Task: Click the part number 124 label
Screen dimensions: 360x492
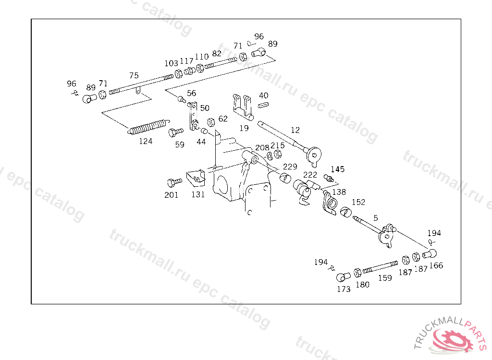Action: (x=146, y=141)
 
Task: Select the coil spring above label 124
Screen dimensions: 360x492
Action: (x=148, y=127)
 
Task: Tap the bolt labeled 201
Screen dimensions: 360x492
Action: (x=173, y=182)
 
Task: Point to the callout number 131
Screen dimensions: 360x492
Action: (x=198, y=194)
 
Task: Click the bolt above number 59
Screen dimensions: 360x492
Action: (x=176, y=131)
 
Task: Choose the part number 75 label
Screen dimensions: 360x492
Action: (x=134, y=75)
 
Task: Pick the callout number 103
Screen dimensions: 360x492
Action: (x=171, y=63)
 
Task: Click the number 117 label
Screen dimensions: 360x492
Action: (x=186, y=61)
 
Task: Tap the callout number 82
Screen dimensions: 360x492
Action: (x=217, y=53)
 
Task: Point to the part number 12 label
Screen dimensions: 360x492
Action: (x=295, y=130)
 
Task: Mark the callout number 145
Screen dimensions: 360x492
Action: (x=337, y=169)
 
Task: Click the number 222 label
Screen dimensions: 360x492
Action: (x=310, y=175)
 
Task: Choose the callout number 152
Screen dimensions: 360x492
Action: (x=358, y=202)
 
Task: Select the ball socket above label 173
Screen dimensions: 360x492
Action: (x=342, y=277)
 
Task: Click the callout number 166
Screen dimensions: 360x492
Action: (x=436, y=265)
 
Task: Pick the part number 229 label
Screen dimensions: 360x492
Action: (x=290, y=167)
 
